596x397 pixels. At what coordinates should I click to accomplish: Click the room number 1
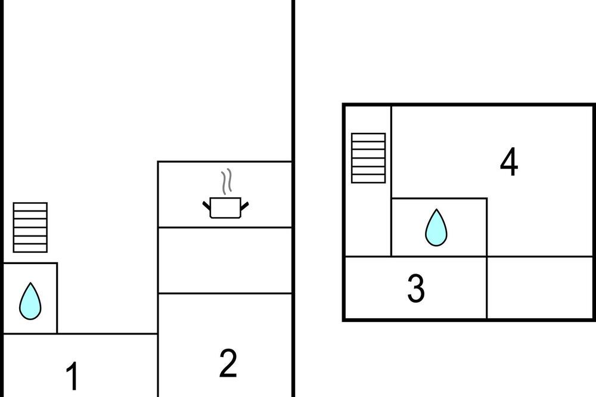(x=72, y=376)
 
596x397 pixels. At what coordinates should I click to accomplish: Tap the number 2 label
(x=228, y=363)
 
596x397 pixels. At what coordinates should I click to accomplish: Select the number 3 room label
(x=416, y=289)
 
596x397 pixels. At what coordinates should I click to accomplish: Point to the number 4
(x=508, y=162)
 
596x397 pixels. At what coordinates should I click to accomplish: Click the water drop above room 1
(x=30, y=301)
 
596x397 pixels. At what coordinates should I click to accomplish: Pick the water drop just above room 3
(x=436, y=227)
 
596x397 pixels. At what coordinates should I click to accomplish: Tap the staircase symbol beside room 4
(x=368, y=158)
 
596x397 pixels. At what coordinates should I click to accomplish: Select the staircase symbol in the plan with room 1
(x=30, y=227)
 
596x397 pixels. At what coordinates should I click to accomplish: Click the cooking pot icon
(x=225, y=207)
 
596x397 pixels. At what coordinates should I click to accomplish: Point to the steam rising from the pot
(x=226, y=182)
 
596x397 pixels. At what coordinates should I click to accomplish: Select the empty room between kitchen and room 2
(x=225, y=260)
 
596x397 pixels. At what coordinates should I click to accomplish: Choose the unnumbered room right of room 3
(x=540, y=287)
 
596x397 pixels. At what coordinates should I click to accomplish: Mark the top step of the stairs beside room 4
(x=368, y=137)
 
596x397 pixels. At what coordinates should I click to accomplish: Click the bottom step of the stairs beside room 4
(x=368, y=179)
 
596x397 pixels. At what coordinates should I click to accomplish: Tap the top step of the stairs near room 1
(x=30, y=207)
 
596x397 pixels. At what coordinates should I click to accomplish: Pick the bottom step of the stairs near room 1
(x=30, y=248)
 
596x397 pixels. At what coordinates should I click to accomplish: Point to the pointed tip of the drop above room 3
(x=436, y=209)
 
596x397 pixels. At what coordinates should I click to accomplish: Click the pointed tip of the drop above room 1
(x=30, y=283)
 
